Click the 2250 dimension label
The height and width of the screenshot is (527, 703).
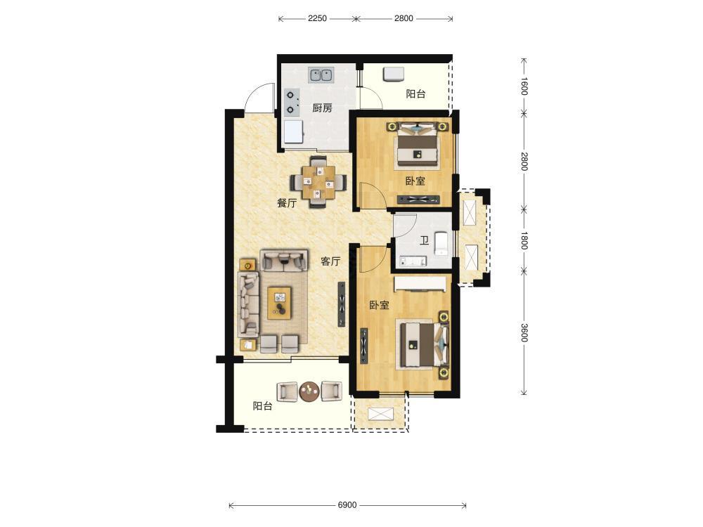pyautogui.click(x=317, y=18)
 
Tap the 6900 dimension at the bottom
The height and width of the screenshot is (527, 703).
pyautogui.click(x=347, y=505)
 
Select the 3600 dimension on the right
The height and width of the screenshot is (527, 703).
pyautogui.click(x=524, y=332)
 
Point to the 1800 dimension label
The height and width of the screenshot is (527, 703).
pyautogui.click(x=524, y=240)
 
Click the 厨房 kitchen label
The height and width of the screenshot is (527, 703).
pyautogui.click(x=322, y=108)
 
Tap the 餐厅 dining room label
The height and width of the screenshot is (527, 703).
pyautogui.click(x=287, y=203)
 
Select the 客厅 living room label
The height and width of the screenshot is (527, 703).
pyautogui.click(x=330, y=261)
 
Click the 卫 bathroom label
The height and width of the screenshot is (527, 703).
pyautogui.click(x=424, y=241)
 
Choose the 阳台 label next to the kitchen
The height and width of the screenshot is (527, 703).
pyautogui.click(x=415, y=94)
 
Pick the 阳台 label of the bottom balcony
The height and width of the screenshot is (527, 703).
pyautogui.click(x=262, y=406)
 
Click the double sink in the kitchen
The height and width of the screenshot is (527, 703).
pyautogui.click(x=321, y=75)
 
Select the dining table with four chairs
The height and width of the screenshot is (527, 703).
pyautogui.click(x=318, y=182)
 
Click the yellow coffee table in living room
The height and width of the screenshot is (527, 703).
pyautogui.click(x=279, y=303)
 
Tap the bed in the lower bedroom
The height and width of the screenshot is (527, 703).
pyautogui.click(x=423, y=344)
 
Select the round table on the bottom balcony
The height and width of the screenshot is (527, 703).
pyautogui.click(x=309, y=391)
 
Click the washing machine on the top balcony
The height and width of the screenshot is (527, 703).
pyautogui.click(x=394, y=74)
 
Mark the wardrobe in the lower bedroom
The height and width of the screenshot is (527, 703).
pyautogui.click(x=420, y=284)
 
